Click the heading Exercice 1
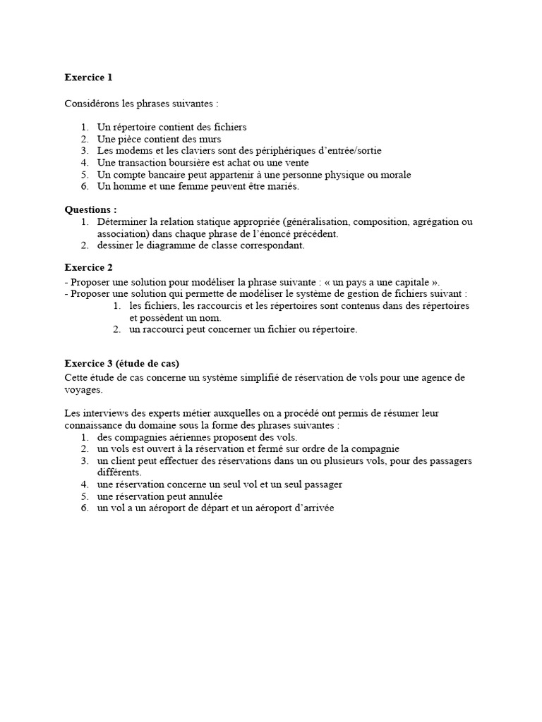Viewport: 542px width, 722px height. (88, 77)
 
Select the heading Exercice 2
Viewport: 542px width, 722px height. (88, 267)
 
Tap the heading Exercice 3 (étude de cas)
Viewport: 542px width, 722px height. (121, 363)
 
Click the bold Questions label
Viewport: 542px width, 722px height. (90, 209)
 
